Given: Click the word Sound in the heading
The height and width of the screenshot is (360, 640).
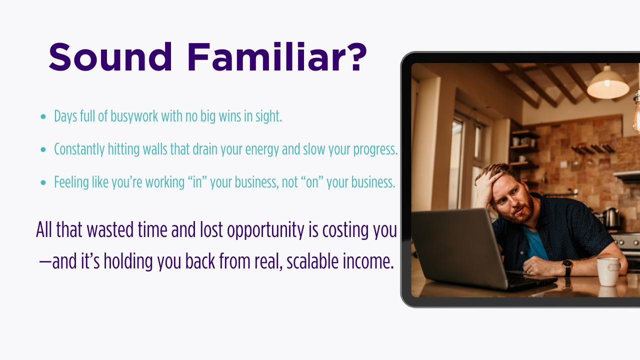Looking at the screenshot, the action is pyautogui.click(x=110, y=57).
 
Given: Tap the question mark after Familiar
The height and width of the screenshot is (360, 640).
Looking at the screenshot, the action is pyautogui.click(x=359, y=57).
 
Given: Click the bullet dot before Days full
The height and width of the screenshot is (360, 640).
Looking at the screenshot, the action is pyautogui.click(x=43, y=116).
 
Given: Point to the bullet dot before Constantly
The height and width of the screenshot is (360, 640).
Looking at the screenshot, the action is pyautogui.click(x=43, y=149).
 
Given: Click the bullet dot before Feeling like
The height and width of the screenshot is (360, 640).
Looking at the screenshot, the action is pyautogui.click(x=43, y=182).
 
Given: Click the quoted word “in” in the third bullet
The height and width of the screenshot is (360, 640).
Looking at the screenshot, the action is pyautogui.click(x=197, y=182).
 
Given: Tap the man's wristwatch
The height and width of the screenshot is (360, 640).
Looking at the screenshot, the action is pyautogui.click(x=567, y=267).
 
